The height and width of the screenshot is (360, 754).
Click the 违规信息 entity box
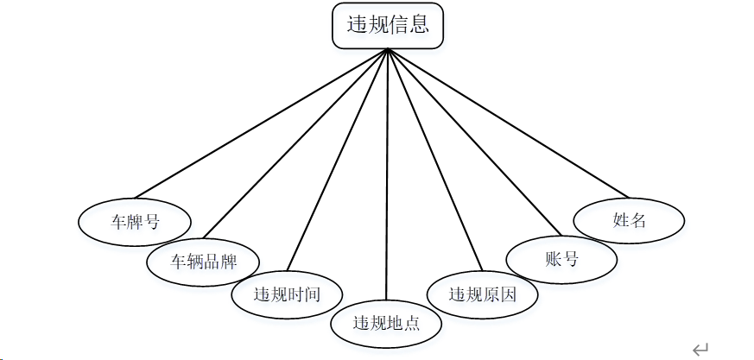pyautogui.click(x=388, y=26)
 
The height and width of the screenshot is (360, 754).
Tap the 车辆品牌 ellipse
pyautogui.click(x=204, y=260)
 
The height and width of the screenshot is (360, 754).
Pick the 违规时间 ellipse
pyautogui.click(x=287, y=294)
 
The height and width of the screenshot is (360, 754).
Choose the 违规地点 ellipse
pyautogui.click(x=386, y=324)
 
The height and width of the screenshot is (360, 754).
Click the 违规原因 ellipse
pyautogui.click(x=483, y=294)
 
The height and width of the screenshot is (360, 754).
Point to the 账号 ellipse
pyautogui.click(x=561, y=259)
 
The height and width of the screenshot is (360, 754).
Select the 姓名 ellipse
pyautogui.click(x=630, y=220)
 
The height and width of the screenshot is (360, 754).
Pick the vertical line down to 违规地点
pyautogui.click(x=388, y=173)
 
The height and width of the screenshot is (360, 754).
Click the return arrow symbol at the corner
pyautogui.click(x=700, y=349)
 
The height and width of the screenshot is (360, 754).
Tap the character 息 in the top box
pyautogui.click(x=420, y=25)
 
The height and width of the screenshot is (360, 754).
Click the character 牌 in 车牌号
pyautogui.click(x=136, y=222)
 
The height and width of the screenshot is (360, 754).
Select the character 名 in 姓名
pyautogui.click(x=638, y=220)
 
